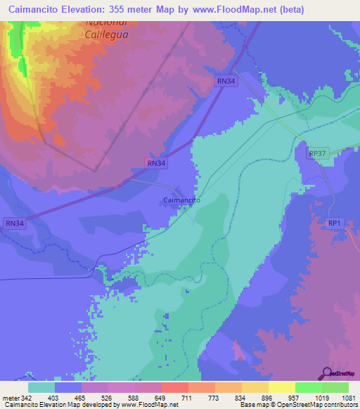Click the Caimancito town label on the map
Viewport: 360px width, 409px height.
pyautogui.click(x=182, y=200)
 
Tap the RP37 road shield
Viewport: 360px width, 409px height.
pyautogui.click(x=318, y=153)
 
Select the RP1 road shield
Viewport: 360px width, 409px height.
pyautogui.click(x=334, y=223)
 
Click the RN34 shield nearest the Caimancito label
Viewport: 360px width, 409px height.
pyautogui.click(x=157, y=163)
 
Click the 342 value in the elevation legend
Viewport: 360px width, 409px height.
pyautogui.click(x=24, y=398)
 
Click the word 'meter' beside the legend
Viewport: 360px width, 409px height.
pyautogui.click(x=11, y=398)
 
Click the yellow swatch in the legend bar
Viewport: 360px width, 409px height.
pyautogui.click(x=282, y=387)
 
